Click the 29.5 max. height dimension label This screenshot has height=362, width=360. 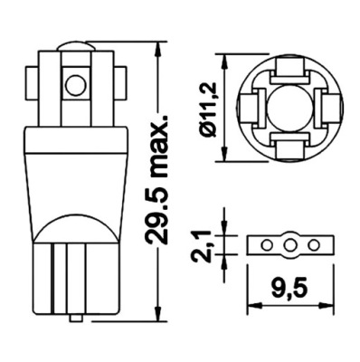pyautogui.click(x=156, y=178)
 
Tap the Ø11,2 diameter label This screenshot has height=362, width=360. pyautogui.click(x=209, y=108)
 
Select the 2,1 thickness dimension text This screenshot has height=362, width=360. pyautogui.click(x=201, y=245)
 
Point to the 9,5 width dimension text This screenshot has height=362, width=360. pyautogui.click(x=290, y=289)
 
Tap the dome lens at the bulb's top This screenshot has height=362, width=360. pyautogui.click(x=74, y=46)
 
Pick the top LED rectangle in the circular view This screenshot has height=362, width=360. pyautogui.click(x=289, y=70)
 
